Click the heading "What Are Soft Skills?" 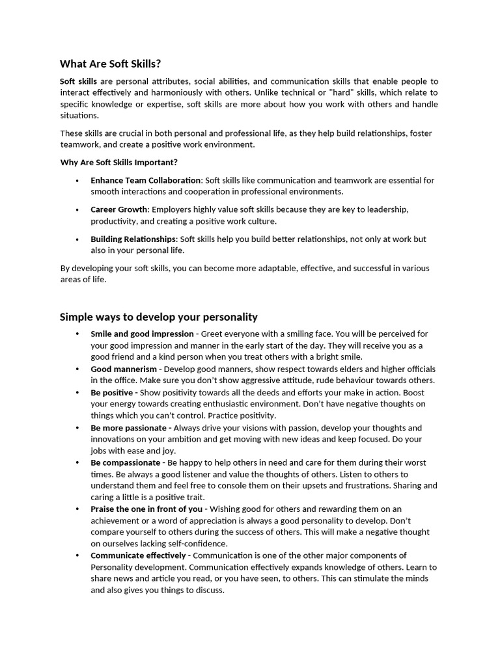[x=110, y=64]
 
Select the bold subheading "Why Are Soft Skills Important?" [x=118, y=162]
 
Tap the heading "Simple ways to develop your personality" [x=158, y=317]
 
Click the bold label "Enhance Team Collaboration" [x=145, y=180]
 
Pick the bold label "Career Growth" [x=119, y=209]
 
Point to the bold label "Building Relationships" [x=133, y=239]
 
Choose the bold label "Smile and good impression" [x=142, y=334]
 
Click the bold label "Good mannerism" [x=121, y=369]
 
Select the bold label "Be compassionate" [x=125, y=462]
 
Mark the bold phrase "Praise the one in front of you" [x=146, y=509]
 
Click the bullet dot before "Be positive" [x=77, y=392]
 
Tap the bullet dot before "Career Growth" [x=77, y=209]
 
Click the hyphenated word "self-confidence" [x=197, y=544]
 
